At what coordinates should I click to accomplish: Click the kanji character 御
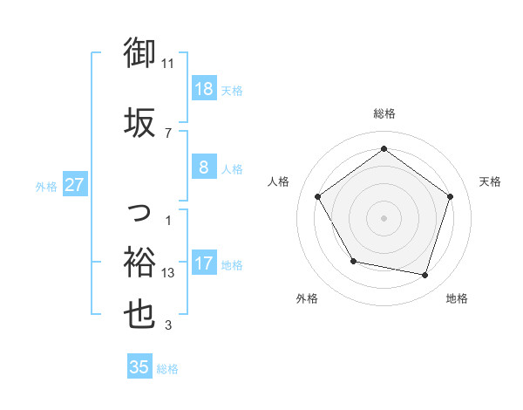139,54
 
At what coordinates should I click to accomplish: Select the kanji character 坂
139,122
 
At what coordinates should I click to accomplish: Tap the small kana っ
140,212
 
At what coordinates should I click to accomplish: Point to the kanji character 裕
139,261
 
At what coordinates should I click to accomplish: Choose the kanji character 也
139,315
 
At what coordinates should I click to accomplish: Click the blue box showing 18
203,89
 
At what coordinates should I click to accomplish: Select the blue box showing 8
203,168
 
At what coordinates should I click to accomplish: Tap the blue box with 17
203,263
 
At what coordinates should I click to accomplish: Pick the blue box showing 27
75,184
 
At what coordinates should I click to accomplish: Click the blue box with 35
139,367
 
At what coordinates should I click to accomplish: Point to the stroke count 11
168,63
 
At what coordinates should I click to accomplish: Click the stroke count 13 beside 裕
168,272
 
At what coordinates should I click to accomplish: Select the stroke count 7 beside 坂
167,133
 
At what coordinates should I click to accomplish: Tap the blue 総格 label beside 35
168,369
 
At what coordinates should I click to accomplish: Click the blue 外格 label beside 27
46,186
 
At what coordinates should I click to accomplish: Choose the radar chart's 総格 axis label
384,113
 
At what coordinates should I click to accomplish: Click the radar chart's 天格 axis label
491,181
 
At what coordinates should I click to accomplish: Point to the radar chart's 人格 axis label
279,181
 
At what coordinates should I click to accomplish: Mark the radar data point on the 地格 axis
425,275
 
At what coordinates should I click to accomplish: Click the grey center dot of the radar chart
384,217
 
